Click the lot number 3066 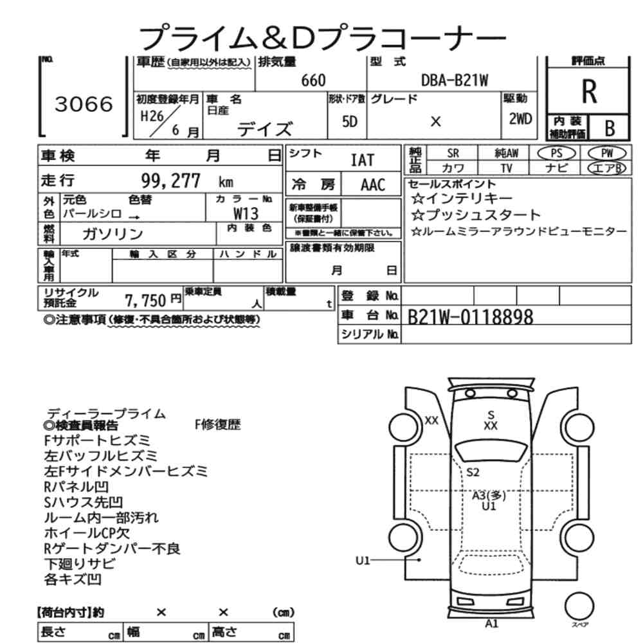84,104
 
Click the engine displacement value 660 314,80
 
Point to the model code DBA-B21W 455,80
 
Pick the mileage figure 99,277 170,179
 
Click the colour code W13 246,213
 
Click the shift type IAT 362,160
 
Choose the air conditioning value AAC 372,185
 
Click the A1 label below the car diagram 492,623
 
